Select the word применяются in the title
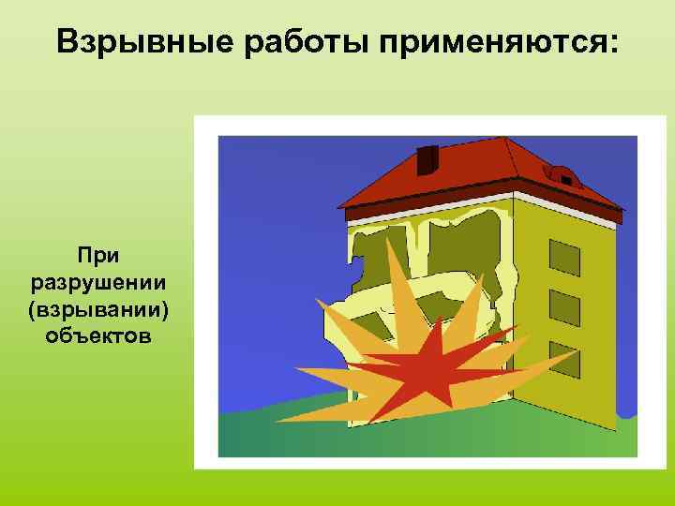click(x=484, y=42)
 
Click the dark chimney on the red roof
click(x=428, y=159)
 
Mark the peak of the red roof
click(x=507, y=141)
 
